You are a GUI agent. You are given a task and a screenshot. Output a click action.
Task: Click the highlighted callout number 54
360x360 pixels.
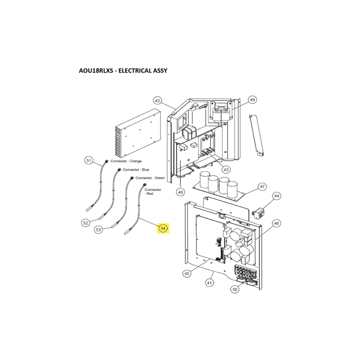163,228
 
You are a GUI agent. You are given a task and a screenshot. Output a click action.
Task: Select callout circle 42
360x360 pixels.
157,100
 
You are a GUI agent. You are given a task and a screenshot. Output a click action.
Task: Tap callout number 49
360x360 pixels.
252,99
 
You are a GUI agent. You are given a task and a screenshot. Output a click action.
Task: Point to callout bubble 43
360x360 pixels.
226,170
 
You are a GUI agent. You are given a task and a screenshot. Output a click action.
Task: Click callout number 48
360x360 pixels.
180,192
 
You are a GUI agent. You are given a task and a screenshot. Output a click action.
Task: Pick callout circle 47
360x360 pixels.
262,187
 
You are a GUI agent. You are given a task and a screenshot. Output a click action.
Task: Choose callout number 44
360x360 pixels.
276,196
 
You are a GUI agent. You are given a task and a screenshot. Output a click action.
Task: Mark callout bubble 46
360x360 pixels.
276,223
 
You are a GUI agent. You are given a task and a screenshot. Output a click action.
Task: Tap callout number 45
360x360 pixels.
187,274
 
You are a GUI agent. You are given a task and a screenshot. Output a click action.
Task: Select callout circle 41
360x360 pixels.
209,283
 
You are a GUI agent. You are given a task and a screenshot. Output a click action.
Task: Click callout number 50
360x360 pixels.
234,289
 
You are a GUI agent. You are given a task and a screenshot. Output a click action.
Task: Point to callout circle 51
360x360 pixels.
89,160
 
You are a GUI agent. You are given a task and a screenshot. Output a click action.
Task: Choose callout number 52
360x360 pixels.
85,223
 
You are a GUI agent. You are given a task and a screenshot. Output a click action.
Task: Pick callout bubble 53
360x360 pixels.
98,229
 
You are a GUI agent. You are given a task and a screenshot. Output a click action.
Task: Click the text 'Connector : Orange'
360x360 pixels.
126,161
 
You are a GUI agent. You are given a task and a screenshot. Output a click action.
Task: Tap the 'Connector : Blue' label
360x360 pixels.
136,170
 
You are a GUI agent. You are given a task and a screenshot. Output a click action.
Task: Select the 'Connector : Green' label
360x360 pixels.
150,178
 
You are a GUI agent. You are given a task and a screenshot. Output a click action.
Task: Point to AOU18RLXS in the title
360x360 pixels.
96,71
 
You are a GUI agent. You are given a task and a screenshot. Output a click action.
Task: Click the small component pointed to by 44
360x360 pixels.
258,212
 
